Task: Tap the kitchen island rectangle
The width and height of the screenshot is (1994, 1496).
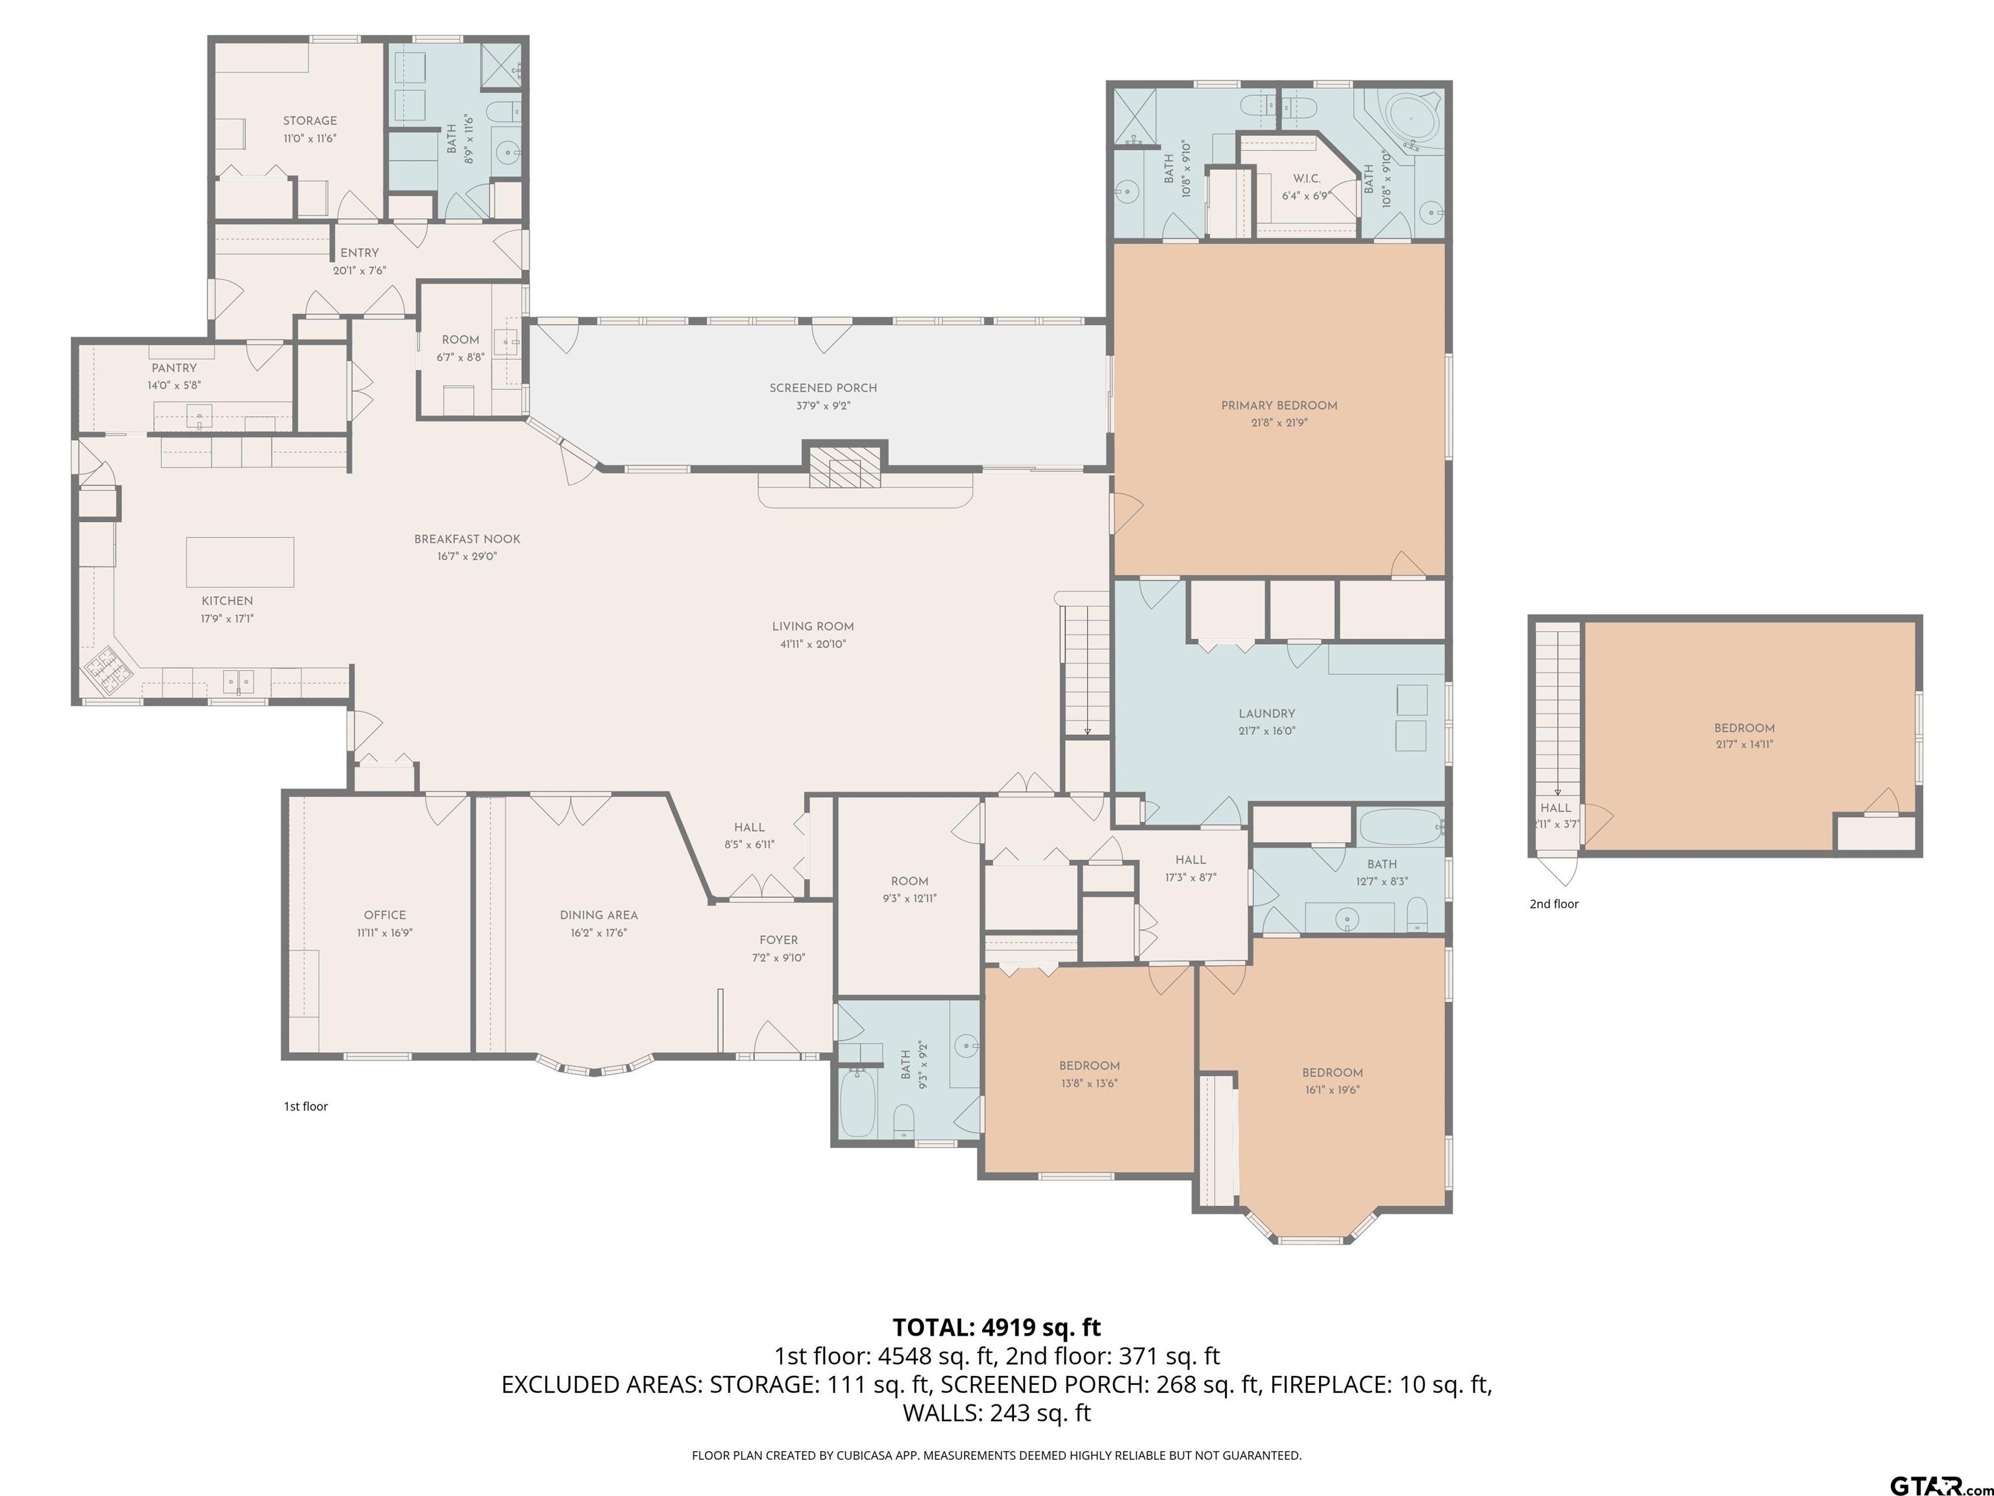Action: pos(240,562)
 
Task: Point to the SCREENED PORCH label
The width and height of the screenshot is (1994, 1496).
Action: pos(823,388)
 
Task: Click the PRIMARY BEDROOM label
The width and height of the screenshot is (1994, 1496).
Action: pos(1279,405)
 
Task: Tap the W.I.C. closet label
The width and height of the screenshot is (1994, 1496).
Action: pos(1306,179)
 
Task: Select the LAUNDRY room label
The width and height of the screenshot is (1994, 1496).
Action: pos(1266,714)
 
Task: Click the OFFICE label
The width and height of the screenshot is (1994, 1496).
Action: pos(385,914)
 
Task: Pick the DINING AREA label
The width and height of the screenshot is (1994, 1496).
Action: pos(598,916)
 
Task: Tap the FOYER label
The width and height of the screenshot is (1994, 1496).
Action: pos(779,940)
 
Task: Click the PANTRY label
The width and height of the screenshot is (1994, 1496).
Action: pos(174,368)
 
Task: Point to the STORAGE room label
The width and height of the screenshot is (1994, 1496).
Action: pos(310,121)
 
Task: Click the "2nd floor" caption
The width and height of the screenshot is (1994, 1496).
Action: pos(1554,904)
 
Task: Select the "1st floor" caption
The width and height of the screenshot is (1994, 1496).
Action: pos(306,1106)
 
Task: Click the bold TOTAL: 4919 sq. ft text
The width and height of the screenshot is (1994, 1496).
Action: pos(996,1327)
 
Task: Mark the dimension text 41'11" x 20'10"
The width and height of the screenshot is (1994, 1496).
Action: pos(813,644)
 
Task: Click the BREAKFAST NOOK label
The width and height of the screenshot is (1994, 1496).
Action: pos(467,539)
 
